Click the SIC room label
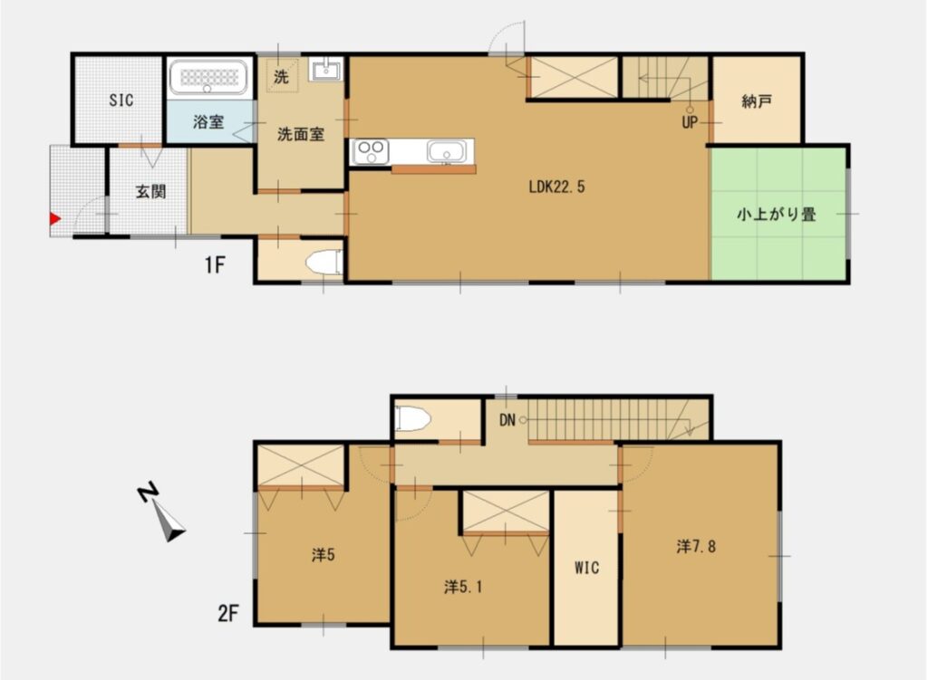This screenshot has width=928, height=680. click(x=121, y=101)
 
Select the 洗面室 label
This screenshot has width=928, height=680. click(x=299, y=134)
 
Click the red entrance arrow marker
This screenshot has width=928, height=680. click(x=55, y=218)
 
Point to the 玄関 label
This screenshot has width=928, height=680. click(x=150, y=191)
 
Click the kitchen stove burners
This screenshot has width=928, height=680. click(x=370, y=151)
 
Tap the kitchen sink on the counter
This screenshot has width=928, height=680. click(x=445, y=151)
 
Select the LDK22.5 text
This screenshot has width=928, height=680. click(x=557, y=188)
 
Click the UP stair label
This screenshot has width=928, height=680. click(x=690, y=122)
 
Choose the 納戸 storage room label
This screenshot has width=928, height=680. click(x=756, y=101)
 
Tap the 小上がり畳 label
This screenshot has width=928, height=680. click(x=777, y=215)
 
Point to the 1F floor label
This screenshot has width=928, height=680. click(x=214, y=265)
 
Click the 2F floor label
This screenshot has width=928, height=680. click(x=227, y=614)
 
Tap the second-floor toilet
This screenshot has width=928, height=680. click(x=413, y=418)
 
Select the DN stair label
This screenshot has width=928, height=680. click(x=507, y=419)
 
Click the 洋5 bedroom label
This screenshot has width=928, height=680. click(x=324, y=555)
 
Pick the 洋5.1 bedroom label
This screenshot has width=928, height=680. click(x=462, y=587)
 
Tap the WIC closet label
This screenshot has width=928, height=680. click(x=585, y=568)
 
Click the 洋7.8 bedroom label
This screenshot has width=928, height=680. click(x=697, y=546)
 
